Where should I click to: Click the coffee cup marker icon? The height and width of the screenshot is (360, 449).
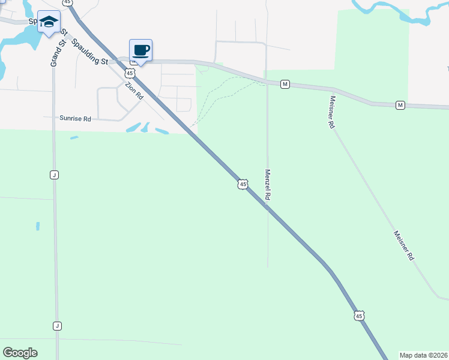click(140, 50)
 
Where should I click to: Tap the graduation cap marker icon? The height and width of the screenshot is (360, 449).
click(48, 22)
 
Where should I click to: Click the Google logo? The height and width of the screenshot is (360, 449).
click(20, 353)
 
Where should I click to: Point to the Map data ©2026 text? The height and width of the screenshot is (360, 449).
click(424, 355)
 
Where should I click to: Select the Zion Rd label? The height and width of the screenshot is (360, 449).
click(134, 91)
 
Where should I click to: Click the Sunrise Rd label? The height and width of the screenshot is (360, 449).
click(75, 119)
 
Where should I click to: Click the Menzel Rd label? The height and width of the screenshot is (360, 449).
click(268, 185)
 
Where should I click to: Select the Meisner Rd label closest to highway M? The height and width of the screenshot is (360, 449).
click(331, 112)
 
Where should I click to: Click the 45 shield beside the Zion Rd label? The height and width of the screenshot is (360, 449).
click(130, 73)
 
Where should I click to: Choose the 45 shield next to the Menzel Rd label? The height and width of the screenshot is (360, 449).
click(242, 184)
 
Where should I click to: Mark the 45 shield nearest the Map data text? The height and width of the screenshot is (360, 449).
click(359, 316)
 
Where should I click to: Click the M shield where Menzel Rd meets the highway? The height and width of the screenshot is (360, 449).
click(285, 85)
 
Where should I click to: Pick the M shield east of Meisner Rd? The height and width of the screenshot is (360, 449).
click(400, 106)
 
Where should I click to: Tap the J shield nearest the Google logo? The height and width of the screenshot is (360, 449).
click(57, 326)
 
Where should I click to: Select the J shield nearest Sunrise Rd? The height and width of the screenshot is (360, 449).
click(54, 174)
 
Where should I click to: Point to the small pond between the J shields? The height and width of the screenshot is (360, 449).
click(37, 226)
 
